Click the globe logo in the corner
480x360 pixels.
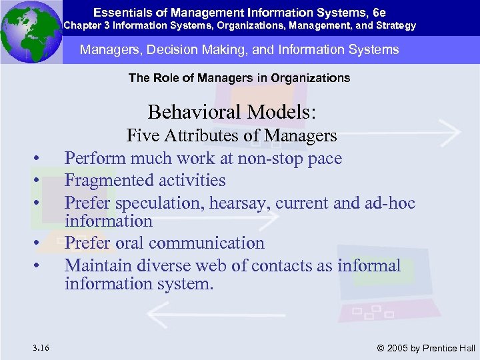click(31, 31)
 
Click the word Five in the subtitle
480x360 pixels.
click(142, 136)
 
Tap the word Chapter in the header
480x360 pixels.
click(82, 26)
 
